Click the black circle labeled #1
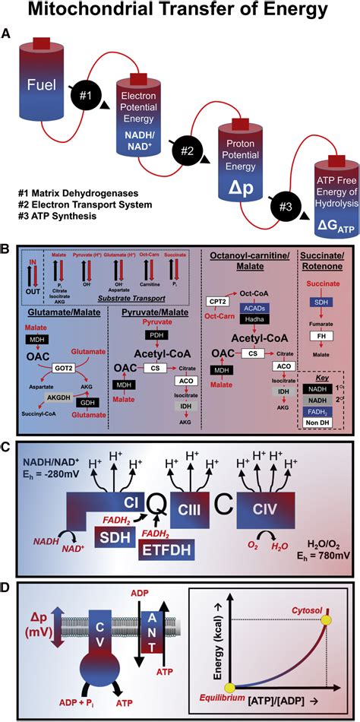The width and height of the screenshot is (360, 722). click(x=86, y=97)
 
